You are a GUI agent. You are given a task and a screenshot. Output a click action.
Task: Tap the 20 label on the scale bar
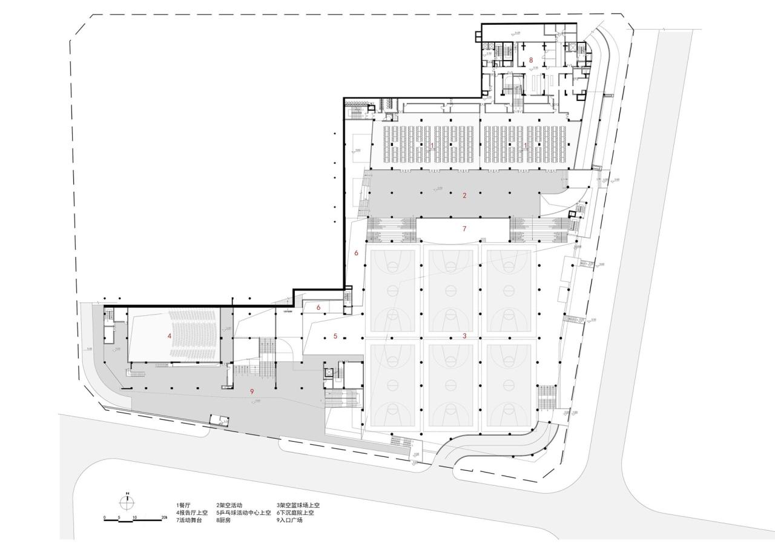click(x=163, y=517)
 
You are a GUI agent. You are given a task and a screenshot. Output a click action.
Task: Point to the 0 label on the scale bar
click(x=105, y=517)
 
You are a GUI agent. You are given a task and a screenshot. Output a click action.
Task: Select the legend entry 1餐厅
click(x=183, y=505)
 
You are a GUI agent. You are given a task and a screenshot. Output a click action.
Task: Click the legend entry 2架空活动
click(x=229, y=505)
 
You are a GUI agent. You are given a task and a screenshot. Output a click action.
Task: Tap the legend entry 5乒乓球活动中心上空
click(x=243, y=513)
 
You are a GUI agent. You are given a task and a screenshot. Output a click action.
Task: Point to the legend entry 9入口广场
click(x=289, y=520)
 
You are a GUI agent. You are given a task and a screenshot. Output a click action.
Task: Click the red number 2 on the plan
click(x=464, y=195)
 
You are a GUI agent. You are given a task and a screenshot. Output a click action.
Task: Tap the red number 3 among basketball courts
click(x=464, y=336)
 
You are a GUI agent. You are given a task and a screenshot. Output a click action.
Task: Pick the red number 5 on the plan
click(x=335, y=336)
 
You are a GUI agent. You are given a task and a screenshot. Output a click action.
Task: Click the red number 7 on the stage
click(x=464, y=229)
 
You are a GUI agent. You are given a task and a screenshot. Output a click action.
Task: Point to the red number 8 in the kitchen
click(x=531, y=60)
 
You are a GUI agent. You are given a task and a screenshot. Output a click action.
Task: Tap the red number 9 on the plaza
click(x=251, y=391)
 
